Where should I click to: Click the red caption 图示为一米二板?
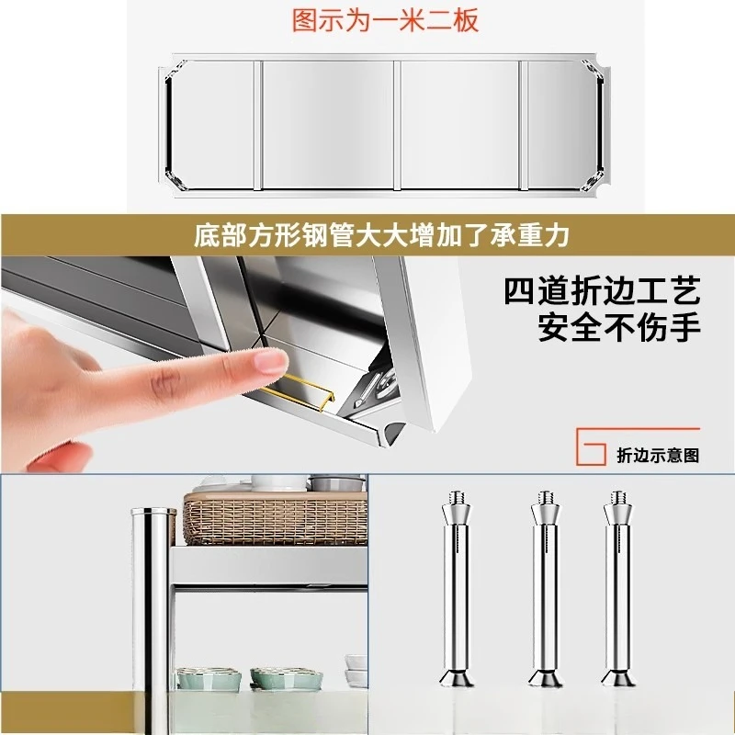(385, 20)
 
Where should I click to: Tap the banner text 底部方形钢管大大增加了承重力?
(381, 235)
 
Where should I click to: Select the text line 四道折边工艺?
(602, 292)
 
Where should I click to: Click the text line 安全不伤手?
(619, 326)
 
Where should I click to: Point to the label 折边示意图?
(658, 455)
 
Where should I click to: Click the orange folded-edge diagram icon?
(591, 447)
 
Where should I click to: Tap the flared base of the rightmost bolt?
(617, 678)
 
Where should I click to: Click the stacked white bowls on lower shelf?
(355, 671)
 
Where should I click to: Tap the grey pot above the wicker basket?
(336, 483)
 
